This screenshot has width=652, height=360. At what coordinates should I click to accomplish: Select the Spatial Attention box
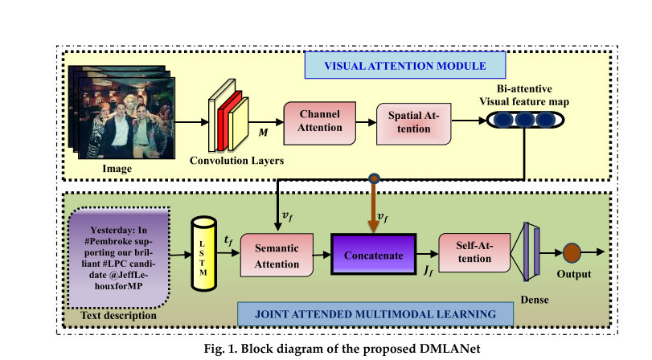[413, 121]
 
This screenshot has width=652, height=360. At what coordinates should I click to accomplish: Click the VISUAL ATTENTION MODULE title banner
[405, 65]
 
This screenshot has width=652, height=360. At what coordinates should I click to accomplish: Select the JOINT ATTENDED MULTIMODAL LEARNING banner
[377, 314]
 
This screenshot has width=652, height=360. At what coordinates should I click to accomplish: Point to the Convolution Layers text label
[236, 160]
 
